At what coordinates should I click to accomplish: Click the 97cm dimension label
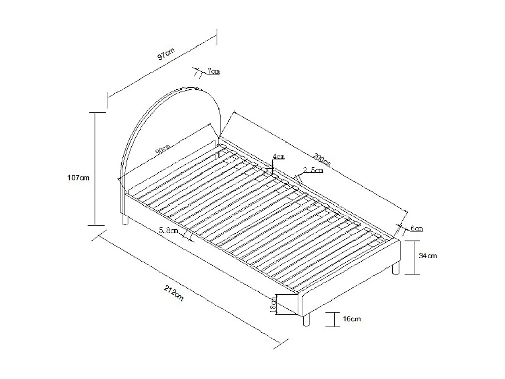tap(166, 54)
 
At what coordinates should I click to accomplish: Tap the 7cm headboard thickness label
tap(213, 71)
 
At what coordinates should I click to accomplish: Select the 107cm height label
tap(78, 178)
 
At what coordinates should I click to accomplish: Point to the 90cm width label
tap(163, 149)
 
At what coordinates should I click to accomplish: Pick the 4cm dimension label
tap(279, 157)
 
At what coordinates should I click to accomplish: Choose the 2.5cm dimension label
tap(313, 170)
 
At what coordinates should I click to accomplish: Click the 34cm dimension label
tap(428, 256)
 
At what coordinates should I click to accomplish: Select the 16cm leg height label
tap(352, 319)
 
